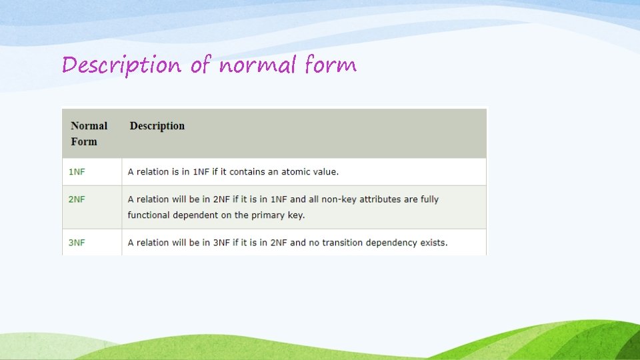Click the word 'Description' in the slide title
tap(121, 65)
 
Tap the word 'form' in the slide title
tap(331, 65)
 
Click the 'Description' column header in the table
tap(157, 126)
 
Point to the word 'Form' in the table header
tap(84, 141)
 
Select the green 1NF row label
tap(77, 172)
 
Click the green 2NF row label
tap(77, 199)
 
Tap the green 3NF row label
tap(77, 243)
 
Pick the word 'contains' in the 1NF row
tap(247, 172)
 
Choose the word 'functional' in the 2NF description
tap(149, 215)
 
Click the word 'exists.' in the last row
tap(434, 243)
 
